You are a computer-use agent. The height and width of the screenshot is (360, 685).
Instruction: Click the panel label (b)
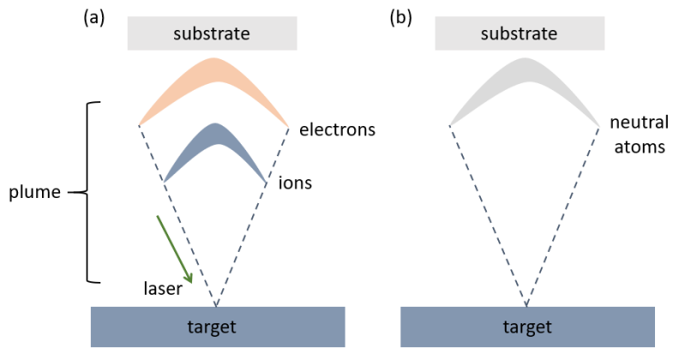(400, 17)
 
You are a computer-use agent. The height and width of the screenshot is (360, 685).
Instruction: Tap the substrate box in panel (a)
(212, 33)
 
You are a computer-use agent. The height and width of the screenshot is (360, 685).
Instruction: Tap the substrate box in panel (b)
(520, 33)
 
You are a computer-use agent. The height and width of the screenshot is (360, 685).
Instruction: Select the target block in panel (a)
(218, 327)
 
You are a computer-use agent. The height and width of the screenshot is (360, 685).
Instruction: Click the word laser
(162, 290)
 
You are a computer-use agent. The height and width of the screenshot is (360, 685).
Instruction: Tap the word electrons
(338, 130)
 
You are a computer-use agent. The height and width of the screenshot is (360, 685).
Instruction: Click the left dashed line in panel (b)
(487, 214)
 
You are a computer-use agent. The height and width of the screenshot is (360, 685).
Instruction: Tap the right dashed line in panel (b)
(563, 214)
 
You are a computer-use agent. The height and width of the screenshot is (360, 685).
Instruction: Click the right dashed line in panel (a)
(254, 214)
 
